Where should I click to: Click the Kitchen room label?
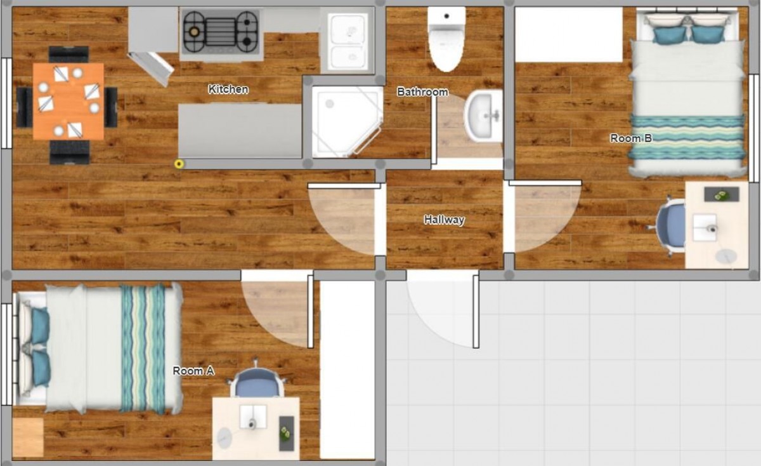coord(228,89)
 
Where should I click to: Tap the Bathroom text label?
coord(422,92)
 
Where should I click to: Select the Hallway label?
coord(444,220)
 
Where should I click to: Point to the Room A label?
coord(193,371)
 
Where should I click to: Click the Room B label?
coord(631,138)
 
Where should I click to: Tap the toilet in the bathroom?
coord(446,39)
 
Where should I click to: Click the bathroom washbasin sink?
coord(483,116)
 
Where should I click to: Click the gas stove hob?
coord(221,32)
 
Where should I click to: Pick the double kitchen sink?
coord(348,41)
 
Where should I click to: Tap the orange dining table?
coord(68,102)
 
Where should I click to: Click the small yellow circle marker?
coord(179,164)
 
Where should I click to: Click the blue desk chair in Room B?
coord(668,225)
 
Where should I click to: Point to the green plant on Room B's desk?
coord(722,196)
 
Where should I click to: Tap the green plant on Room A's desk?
coord(286,432)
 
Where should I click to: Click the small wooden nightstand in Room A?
coord(28,437)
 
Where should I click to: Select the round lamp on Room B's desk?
coord(726,256)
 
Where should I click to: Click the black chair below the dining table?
coord(70,152)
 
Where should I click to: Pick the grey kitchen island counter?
coord(240,131)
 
